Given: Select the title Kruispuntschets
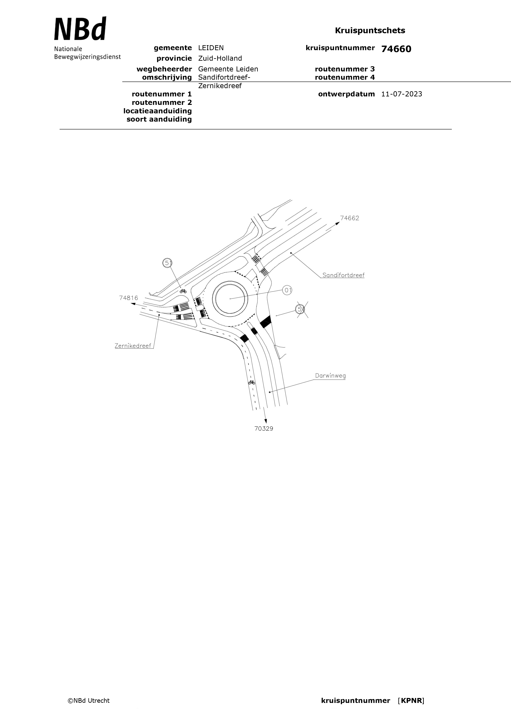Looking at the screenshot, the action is tap(370, 31).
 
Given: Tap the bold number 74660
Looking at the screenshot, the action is tap(396, 49).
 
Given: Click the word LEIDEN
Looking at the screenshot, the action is tap(211, 48).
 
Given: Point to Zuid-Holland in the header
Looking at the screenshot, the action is tap(220, 58).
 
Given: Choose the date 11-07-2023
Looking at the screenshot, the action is tap(402, 94).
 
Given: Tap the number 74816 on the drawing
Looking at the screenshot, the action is tap(128, 298).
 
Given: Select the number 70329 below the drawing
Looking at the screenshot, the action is tap(264, 429).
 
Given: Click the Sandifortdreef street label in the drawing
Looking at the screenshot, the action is tap(343, 275).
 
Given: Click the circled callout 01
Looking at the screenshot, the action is tap(287, 290).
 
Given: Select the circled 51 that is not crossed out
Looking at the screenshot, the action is tap(168, 263).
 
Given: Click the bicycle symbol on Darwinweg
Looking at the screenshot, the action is tap(251, 383).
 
